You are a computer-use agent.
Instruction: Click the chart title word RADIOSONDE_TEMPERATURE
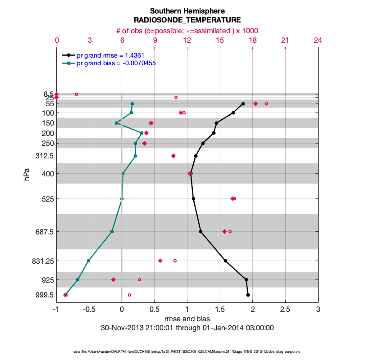[187, 20]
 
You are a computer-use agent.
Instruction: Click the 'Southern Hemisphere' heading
[187, 11]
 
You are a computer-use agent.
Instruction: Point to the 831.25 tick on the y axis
[40, 261]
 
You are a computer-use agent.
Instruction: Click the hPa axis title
[27, 174]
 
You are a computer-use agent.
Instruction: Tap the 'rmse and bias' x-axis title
[187, 319]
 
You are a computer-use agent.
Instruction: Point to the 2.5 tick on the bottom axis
[285, 310]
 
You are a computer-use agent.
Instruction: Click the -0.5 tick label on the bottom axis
[89, 310]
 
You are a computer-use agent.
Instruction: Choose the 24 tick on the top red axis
[318, 40]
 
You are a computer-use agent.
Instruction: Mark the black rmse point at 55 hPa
[243, 103]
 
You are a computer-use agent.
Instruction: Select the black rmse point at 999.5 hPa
[248, 295]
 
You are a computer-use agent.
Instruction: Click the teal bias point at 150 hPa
[116, 123]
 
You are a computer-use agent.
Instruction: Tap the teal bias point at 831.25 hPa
[89, 261]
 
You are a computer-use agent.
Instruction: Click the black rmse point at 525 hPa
[193, 198]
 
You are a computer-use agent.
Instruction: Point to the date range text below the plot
[187, 328]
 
